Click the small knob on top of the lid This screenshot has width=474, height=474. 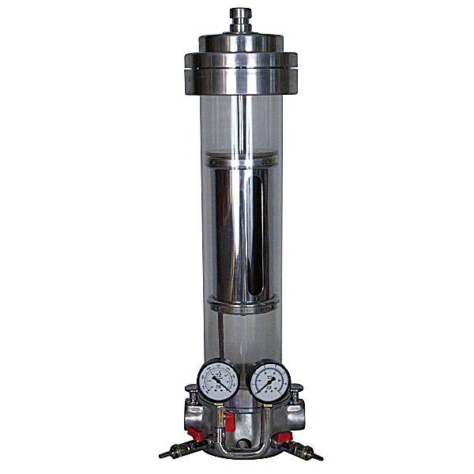(237, 16)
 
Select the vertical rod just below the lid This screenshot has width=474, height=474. (237, 118)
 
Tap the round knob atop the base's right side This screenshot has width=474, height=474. (296, 389)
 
